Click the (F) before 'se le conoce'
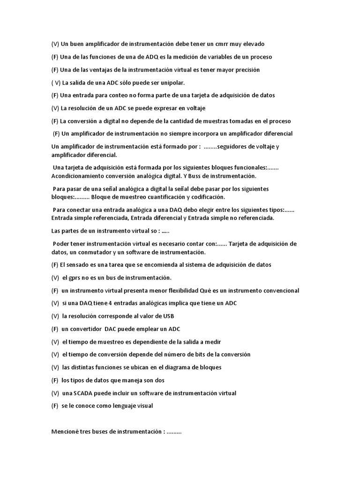55,406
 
